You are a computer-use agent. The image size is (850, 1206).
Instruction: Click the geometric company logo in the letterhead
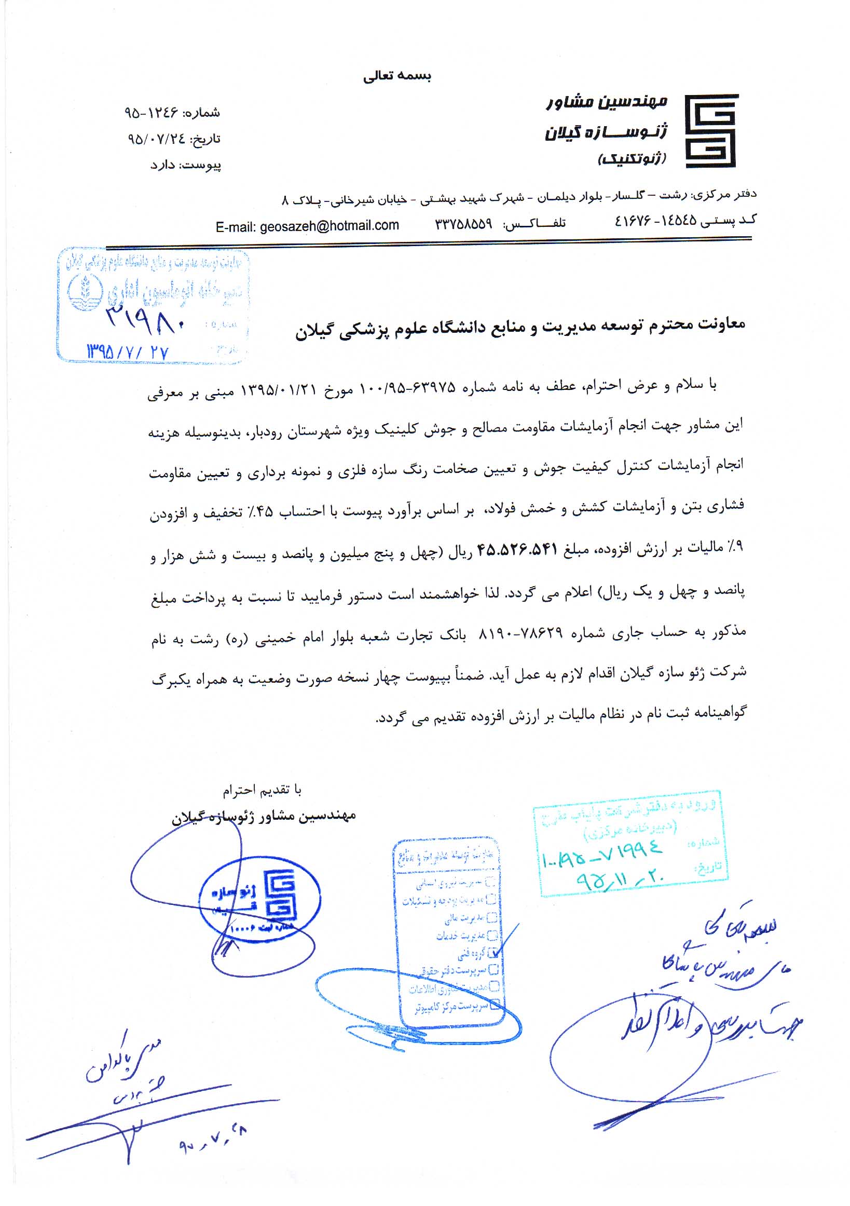[711, 131]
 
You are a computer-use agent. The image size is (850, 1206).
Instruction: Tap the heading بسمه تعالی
[397, 76]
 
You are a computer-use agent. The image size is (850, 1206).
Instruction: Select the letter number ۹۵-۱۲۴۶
[151, 113]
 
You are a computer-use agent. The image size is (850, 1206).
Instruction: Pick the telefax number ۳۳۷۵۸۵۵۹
[463, 224]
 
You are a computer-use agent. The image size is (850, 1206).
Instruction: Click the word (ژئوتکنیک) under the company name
[632, 159]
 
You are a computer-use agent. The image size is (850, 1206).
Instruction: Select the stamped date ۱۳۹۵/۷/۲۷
[128, 352]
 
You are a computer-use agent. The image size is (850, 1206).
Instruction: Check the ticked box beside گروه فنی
[492, 953]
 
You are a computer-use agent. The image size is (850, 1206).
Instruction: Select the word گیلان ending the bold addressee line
[316, 332]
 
